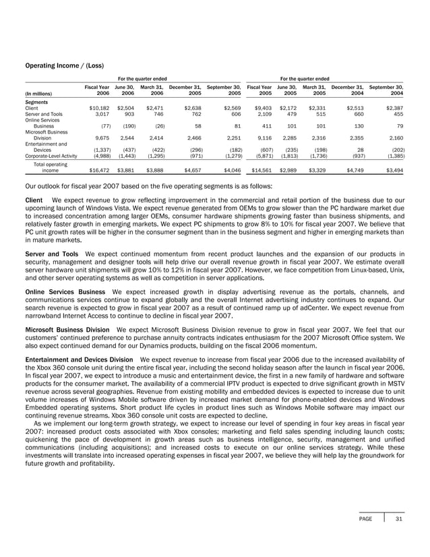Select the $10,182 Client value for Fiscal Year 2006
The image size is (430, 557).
coord(96,108)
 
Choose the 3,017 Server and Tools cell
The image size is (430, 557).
coord(99,114)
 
